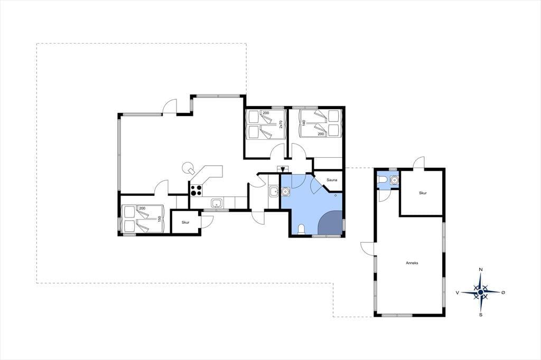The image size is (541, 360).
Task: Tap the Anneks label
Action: pos(412,263)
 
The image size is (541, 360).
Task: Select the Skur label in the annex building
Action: pos(423,193)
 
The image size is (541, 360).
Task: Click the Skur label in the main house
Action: pos(185,222)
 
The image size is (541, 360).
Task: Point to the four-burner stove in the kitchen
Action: pos(197,191)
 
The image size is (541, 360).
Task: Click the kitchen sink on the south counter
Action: pos(216,203)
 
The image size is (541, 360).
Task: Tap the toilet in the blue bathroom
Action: pos(301,229)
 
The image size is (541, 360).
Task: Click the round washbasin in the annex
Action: pos(394,180)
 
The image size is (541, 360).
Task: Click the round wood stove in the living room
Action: pos(188,168)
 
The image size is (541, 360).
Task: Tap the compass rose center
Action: pos(480,292)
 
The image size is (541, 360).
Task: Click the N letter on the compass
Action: pos(480,270)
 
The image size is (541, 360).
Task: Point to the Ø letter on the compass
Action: pos(503,292)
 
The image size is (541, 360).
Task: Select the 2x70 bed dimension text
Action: pos(281,125)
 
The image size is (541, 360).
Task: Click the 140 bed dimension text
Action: pos(304,123)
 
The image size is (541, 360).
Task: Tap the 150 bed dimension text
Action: pos(160,219)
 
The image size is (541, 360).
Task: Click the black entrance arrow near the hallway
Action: pos(283,169)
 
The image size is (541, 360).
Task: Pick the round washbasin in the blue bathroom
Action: pos(286,192)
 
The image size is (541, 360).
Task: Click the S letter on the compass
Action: pos(481,315)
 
